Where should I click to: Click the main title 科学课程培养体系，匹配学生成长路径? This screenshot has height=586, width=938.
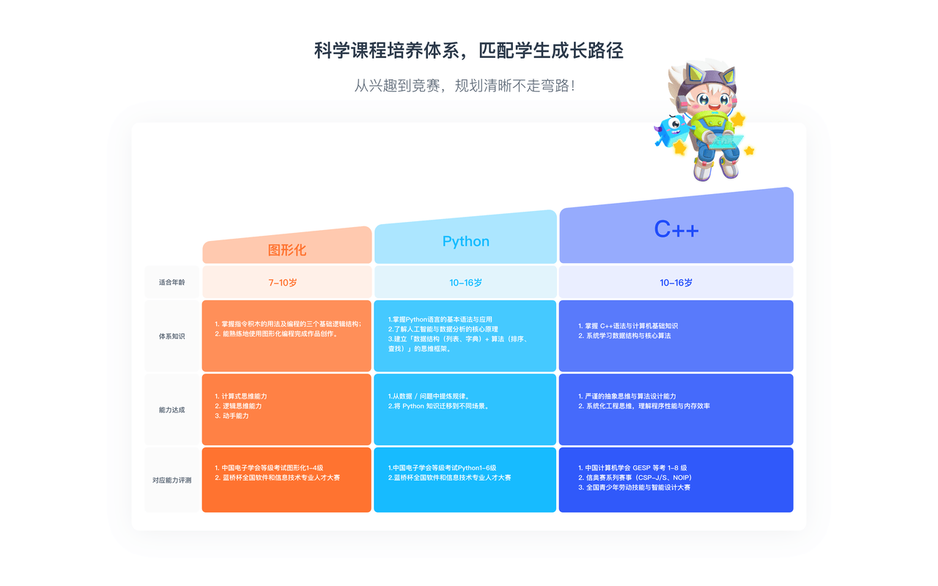point(468,51)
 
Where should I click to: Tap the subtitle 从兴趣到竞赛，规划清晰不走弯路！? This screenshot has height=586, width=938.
point(465,85)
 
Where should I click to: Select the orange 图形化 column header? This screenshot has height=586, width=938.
point(287,250)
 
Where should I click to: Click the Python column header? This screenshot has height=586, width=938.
point(465,241)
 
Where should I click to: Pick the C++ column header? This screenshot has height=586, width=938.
point(676,229)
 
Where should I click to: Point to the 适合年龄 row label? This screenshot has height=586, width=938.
point(172,282)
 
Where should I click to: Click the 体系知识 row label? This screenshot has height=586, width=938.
point(172,336)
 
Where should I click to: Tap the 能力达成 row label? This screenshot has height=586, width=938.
point(172,410)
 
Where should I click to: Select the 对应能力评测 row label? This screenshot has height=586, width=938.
point(172,481)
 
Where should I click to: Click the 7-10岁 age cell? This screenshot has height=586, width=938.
point(287,282)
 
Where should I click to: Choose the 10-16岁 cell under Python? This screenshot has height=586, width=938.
point(465,282)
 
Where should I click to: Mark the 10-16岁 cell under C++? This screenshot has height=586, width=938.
point(676,282)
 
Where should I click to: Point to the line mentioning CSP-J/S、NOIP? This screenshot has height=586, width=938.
point(634,478)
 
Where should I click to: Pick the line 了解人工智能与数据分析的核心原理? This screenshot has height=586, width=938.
point(443,330)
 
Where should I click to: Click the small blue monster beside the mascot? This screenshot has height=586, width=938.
point(671,130)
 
